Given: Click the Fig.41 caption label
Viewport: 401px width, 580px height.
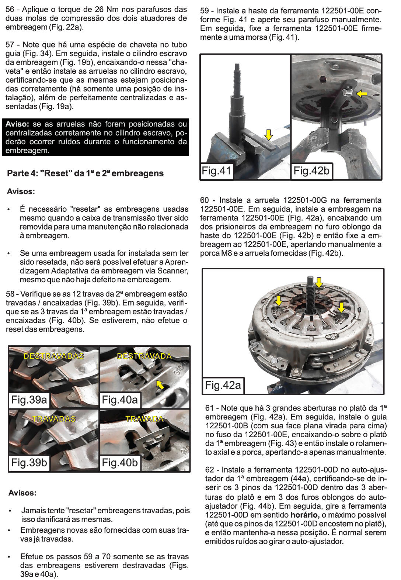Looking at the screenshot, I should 216,171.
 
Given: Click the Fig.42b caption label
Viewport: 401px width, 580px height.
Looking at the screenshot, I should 311,171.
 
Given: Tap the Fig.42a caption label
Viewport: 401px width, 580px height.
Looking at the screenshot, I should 223,385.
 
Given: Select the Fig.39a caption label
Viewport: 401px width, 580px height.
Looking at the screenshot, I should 29,400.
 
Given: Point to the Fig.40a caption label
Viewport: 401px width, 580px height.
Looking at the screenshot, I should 120,400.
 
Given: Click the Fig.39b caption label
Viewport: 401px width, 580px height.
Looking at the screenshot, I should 29,462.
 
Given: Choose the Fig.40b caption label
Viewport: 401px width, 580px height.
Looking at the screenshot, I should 120,462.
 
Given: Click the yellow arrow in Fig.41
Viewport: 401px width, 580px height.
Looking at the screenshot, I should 269,135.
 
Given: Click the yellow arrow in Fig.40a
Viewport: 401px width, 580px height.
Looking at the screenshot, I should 160,385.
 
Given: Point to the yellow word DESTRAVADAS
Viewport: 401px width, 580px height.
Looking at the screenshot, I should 54,356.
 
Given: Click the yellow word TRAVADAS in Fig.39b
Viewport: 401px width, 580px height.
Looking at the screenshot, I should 54,419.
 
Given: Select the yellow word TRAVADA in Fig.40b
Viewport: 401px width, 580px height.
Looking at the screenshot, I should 144,419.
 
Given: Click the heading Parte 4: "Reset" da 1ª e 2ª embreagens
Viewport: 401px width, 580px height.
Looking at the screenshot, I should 85,173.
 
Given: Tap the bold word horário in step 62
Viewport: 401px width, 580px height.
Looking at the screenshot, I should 304,515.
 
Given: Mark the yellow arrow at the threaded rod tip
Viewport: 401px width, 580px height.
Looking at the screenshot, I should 319,283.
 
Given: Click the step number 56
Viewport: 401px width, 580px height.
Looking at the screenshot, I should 10,10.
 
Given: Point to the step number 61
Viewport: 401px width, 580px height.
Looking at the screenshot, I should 209,408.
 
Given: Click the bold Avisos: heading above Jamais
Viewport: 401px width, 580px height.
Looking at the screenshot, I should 22,493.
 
